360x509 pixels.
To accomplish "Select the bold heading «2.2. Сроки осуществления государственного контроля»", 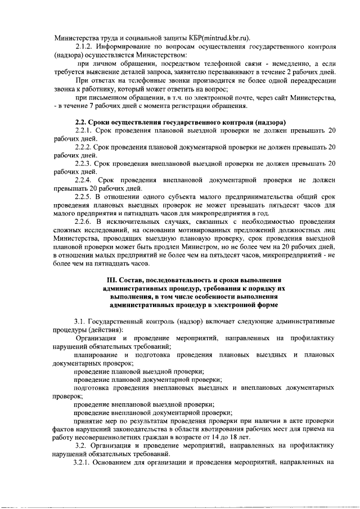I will coord(181,123).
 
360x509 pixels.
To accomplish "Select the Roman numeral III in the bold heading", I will coord(112,280).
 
